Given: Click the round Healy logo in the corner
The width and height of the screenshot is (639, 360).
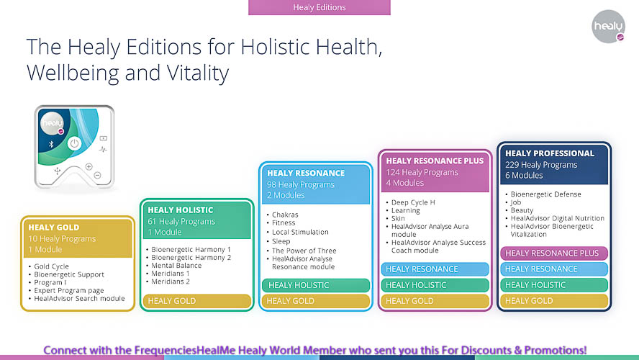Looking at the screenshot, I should pos(609,27).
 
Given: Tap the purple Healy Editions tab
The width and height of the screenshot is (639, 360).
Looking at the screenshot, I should pos(319,7).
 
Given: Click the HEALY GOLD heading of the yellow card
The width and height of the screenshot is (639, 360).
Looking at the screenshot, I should pos(53,228).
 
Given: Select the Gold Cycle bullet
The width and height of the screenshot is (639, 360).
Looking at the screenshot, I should pos(53,266).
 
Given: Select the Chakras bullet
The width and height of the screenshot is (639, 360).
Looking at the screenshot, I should pos(285,215).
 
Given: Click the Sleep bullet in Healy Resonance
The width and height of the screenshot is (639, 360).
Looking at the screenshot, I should pos(281,242).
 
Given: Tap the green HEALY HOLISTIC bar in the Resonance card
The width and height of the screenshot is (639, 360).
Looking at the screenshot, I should pos(315,285).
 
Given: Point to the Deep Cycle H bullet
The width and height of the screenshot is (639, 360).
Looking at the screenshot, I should pos(413,203).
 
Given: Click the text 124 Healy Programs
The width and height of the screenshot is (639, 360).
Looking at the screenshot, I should pos(422,173).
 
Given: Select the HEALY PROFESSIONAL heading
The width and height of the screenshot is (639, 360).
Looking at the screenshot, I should pos(549,153).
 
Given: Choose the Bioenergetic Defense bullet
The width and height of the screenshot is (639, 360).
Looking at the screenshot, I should pos(546,194).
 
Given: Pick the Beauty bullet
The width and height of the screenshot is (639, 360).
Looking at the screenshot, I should pos(522,210).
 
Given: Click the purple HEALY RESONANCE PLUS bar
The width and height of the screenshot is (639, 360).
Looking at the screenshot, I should pos(553,253).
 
